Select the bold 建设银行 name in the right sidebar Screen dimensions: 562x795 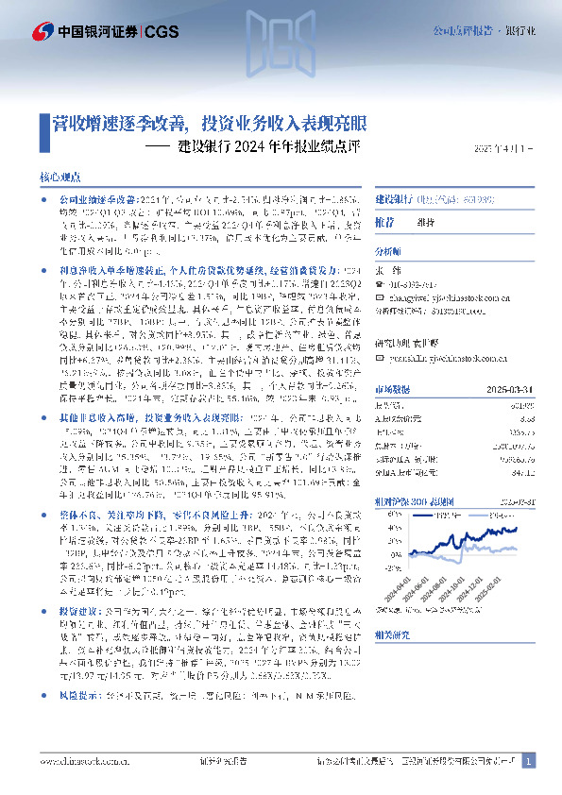coord(394,200)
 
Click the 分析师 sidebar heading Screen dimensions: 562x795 coord(388,252)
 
